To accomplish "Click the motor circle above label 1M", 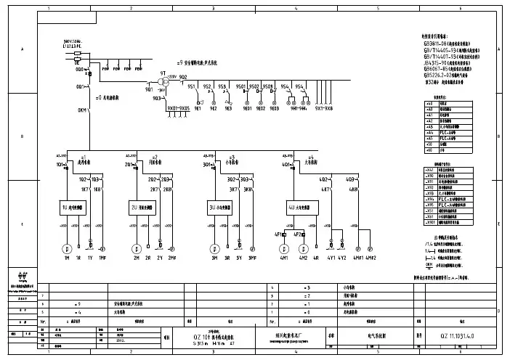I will tap(66, 248).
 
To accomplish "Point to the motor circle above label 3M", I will tap(215, 248).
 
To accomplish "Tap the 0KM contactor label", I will tap(81, 111).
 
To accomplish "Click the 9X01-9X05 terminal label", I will tap(178, 108).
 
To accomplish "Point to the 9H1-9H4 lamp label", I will tap(298, 108).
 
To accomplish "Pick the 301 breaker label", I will tap(207, 165).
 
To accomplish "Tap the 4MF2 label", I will tap(370, 258).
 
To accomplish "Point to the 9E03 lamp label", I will tap(274, 108).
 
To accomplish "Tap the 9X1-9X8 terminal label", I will tap(325, 108).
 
